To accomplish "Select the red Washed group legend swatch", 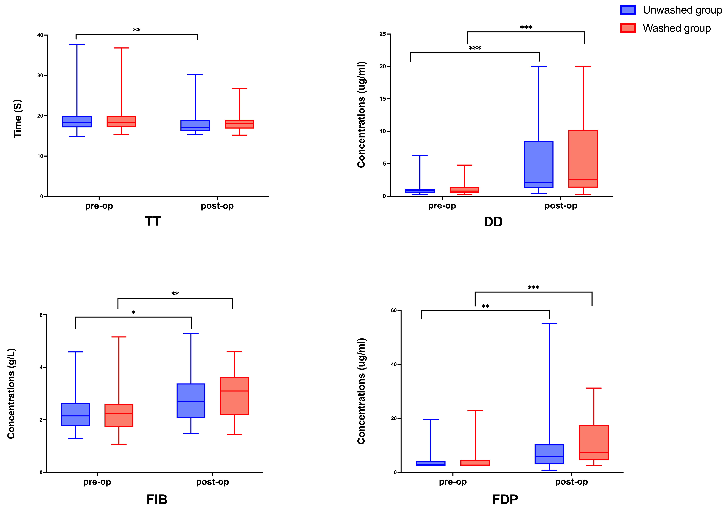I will [628, 28].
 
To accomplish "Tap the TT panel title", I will [153, 221].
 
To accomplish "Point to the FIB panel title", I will [157, 499].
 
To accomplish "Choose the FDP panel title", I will [505, 499].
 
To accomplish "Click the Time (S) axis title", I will [18, 119].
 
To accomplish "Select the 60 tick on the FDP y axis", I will [394, 310].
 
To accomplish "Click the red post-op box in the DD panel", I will [583, 159].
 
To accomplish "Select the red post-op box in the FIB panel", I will [234, 396].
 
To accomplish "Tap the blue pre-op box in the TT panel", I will [77, 122].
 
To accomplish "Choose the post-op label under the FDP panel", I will [571, 482].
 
